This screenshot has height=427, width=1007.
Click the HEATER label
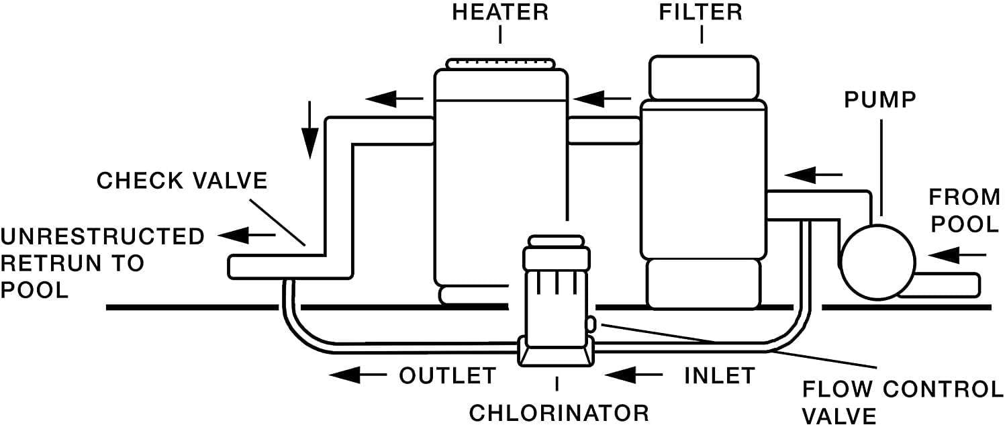(500, 13)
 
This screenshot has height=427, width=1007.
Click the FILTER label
(702, 13)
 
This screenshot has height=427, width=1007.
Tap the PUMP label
(880, 101)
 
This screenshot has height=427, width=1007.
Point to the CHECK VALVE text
(182, 181)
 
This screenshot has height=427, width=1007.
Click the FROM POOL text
(963, 211)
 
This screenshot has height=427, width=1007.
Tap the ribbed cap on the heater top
(501, 64)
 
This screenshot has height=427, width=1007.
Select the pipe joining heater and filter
(604, 130)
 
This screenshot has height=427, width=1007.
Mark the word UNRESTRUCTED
(103, 237)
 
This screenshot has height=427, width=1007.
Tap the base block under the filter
(704, 283)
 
